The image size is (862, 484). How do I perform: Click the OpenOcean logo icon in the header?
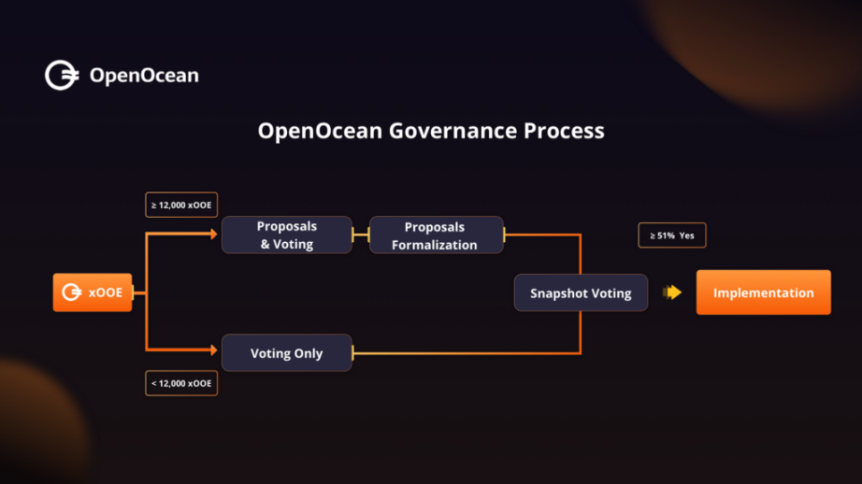(x=62, y=76)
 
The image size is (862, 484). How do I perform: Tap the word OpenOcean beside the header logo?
(x=144, y=76)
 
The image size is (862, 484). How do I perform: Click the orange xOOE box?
(x=93, y=292)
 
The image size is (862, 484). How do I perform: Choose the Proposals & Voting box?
(x=287, y=235)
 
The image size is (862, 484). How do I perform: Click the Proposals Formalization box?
(x=435, y=235)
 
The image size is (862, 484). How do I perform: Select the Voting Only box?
(x=286, y=353)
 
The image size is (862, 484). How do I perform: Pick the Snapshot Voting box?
(x=581, y=292)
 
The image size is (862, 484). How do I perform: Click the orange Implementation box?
(x=763, y=292)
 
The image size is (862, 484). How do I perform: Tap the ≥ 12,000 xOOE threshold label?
(x=181, y=204)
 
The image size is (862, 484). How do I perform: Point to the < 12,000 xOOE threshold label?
(x=181, y=383)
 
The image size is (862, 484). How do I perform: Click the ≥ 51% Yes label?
(x=671, y=235)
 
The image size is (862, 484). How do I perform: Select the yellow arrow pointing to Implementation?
(x=672, y=292)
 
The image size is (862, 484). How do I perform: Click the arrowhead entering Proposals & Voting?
(x=213, y=235)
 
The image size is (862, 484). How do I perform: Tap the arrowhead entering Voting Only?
(x=213, y=351)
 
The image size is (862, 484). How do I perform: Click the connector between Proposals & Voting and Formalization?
(x=361, y=235)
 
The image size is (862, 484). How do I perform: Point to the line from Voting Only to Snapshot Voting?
(x=467, y=353)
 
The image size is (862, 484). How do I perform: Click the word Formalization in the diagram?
(x=435, y=245)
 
